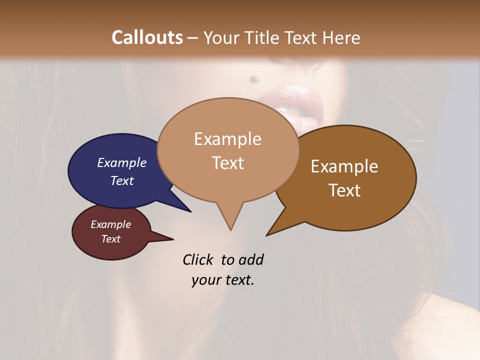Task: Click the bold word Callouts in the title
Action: click(x=147, y=37)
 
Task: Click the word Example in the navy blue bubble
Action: click(x=122, y=163)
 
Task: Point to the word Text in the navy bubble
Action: click(x=122, y=180)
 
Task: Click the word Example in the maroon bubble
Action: click(x=110, y=224)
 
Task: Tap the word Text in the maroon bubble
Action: click(x=110, y=239)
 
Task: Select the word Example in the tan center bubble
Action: click(x=227, y=139)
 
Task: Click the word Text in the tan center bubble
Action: click(x=227, y=163)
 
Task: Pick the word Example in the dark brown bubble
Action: click(x=344, y=166)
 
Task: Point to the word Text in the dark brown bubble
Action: click(x=344, y=190)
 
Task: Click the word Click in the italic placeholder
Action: click(x=199, y=259)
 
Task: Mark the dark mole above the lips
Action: click(x=254, y=78)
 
